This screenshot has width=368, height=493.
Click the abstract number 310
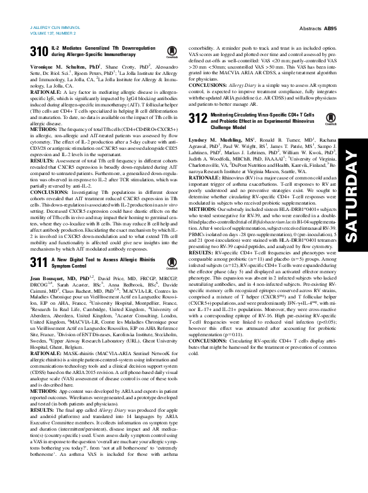[39, 52]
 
